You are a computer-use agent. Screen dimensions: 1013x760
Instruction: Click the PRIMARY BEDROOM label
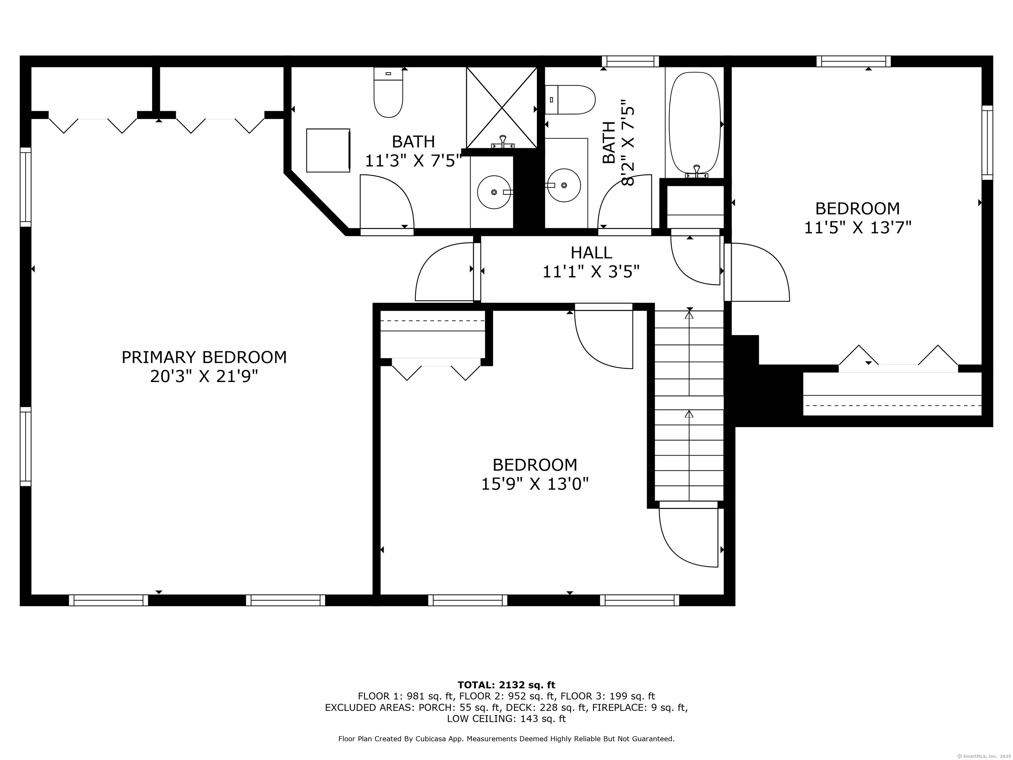pyautogui.click(x=204, y=357)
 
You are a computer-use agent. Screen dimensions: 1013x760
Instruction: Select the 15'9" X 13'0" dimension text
pyautogui.click(x=535, y=484)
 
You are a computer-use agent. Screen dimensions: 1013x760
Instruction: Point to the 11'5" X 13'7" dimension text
pyautogui.click(x=858, y=227)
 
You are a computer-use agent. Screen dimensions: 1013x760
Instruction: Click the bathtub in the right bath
pyautogui.click(x=695, y=124)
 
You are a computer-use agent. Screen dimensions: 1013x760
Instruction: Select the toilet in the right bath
pyautogui.click(x=570, y=99)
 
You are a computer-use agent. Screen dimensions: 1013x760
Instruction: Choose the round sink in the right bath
pyautogui.click(x=564, y=185)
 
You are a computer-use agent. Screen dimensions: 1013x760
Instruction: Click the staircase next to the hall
pyautogui.click(x=689, y=405)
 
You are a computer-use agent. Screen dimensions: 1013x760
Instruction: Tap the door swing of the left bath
pyautogui.click(x=387, y=202)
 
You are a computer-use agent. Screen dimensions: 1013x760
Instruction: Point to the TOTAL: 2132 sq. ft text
pyautogui.click(x=506, y=685)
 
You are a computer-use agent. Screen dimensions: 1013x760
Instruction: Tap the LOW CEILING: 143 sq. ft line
pyautogui.click(x=506, y=719)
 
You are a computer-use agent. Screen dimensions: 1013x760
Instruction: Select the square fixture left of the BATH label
pyautogui.click(x=328, y=150)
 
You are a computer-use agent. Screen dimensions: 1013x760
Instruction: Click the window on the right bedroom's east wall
pyautogui.click(x=987, y=142)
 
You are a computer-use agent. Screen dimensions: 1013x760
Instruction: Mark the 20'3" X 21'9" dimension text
pyautogui.click(x=204, y=377)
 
